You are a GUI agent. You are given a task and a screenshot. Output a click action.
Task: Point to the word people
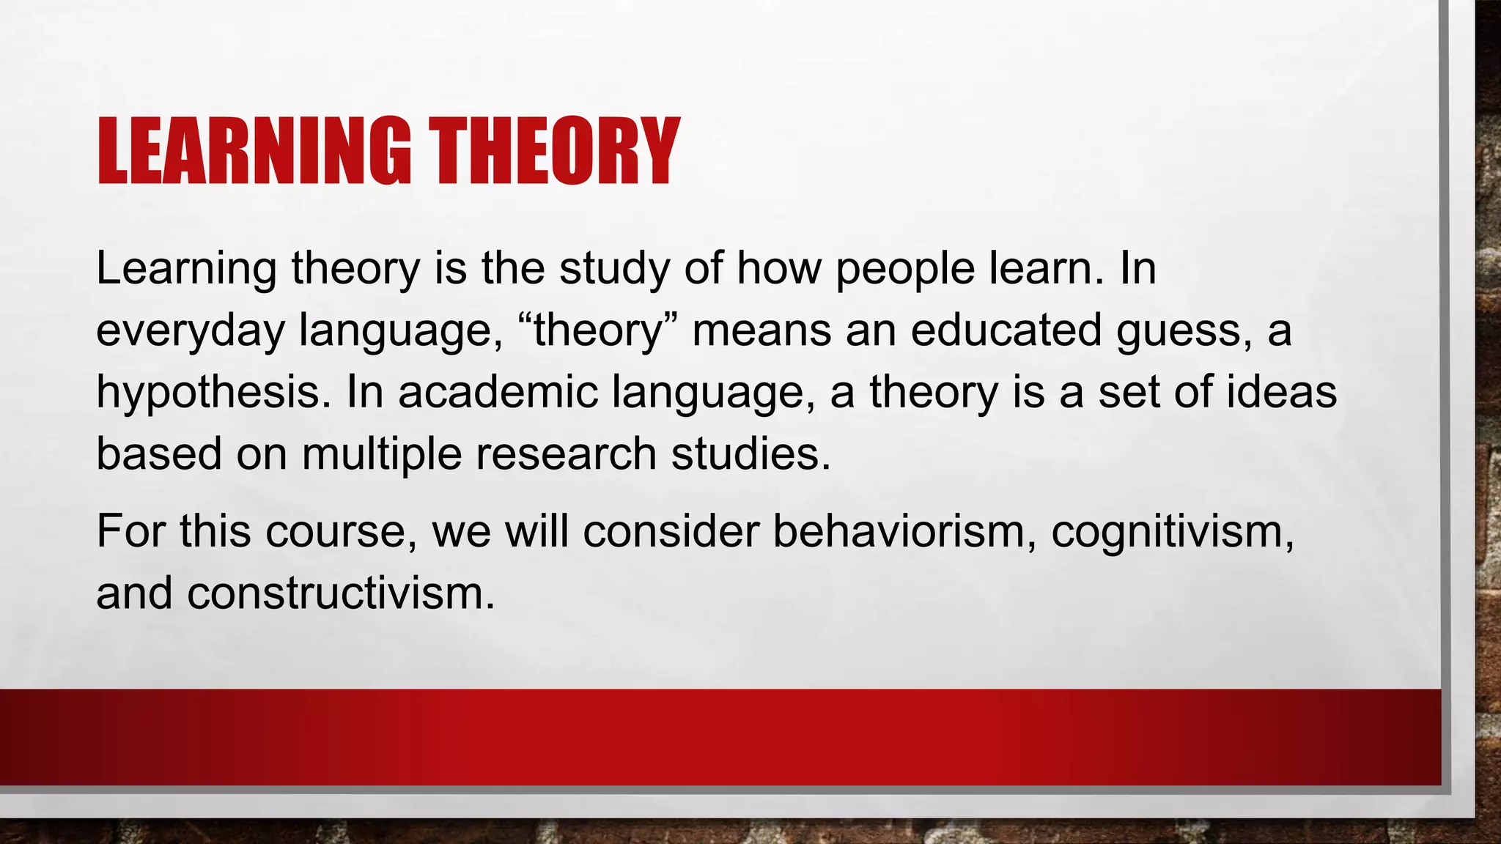click(x=905, y=270)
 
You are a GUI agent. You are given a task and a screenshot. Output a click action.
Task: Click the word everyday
click(x=190, y=331)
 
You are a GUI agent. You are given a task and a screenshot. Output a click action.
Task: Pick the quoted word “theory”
click(x=598, y=331)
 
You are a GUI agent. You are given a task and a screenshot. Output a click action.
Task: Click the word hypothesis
click(x=209, y=393)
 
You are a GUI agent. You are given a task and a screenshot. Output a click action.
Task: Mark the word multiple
click(x=381, y=454)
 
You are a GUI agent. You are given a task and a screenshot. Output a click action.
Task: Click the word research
click(x=566, y=454)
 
